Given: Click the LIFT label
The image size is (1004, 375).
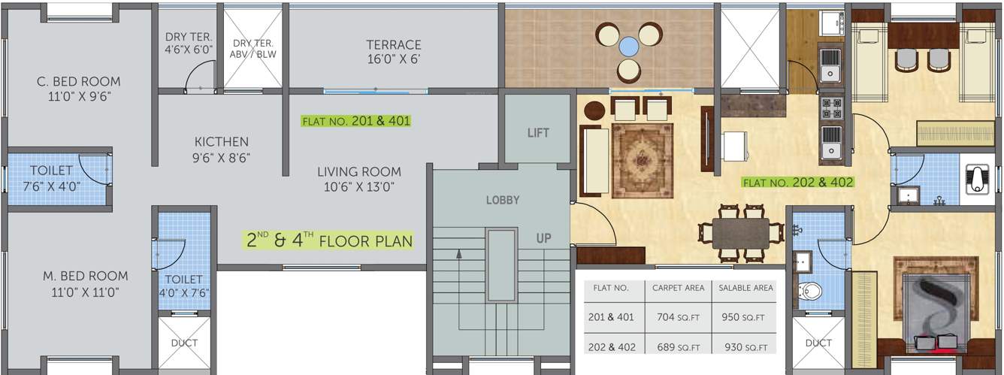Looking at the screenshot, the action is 538,132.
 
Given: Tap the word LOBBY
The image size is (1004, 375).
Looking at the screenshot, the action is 503,200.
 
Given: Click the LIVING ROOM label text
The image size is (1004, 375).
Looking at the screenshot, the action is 359,179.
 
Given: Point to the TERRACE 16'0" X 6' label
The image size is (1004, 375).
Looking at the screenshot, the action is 394,52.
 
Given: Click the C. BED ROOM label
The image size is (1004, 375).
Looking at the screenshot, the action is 79,89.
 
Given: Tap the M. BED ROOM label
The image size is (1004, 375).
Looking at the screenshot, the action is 85,284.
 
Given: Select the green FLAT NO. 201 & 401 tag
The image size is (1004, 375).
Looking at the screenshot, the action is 356,121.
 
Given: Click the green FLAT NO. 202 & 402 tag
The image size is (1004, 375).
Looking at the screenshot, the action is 798,183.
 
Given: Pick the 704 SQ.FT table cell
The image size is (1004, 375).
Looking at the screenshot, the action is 678,317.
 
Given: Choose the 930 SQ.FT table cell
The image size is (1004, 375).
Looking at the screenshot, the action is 745,346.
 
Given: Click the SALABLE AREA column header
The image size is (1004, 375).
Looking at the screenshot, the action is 745,288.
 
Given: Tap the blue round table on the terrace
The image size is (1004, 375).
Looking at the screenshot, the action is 628,46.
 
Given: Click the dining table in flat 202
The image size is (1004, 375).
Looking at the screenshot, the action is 741,233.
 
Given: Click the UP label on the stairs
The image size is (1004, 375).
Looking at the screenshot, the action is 543,238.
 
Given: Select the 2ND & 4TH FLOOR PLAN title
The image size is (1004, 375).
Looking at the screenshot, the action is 329,240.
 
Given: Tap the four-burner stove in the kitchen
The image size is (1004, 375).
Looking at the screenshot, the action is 831,109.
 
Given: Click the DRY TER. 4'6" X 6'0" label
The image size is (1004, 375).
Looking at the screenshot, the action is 189,43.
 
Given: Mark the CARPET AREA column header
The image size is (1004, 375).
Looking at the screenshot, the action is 678,288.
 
